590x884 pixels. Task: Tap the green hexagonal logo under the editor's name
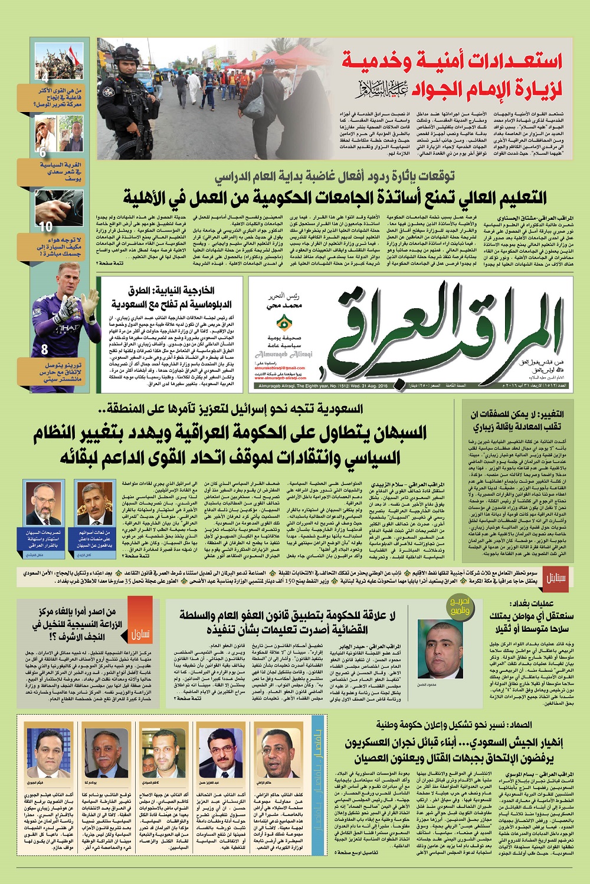(284, 323)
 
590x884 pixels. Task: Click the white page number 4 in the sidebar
(45, 77)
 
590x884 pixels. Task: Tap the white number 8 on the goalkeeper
(44, 349)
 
